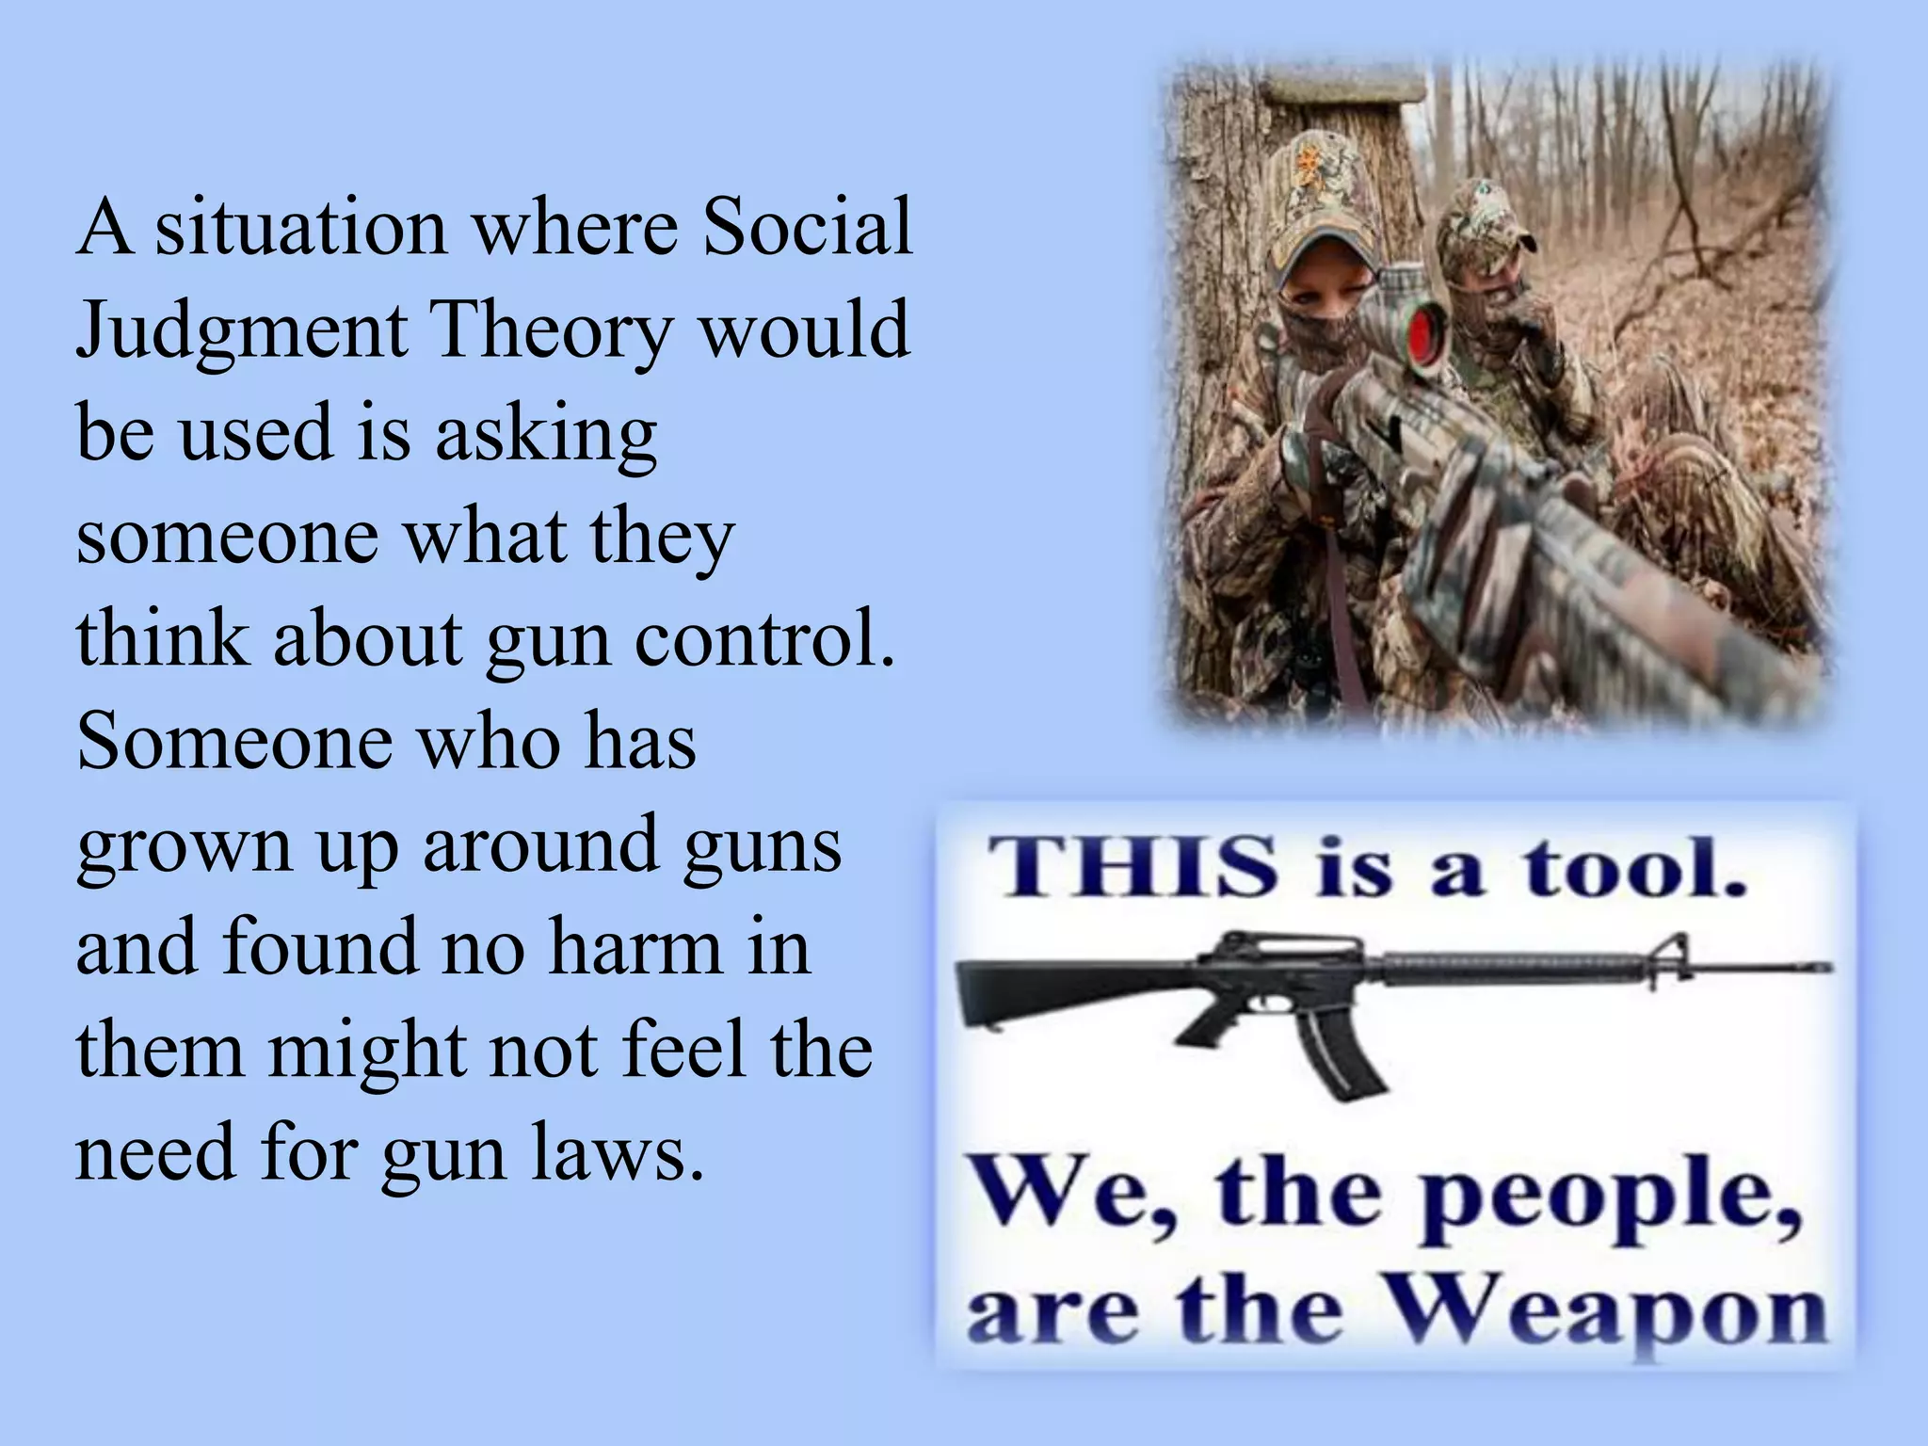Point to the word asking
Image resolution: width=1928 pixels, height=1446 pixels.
tap(545, 434)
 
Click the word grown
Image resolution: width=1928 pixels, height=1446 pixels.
tap(185, 845)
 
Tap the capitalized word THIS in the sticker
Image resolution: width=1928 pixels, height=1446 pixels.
tap(1129, 867)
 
